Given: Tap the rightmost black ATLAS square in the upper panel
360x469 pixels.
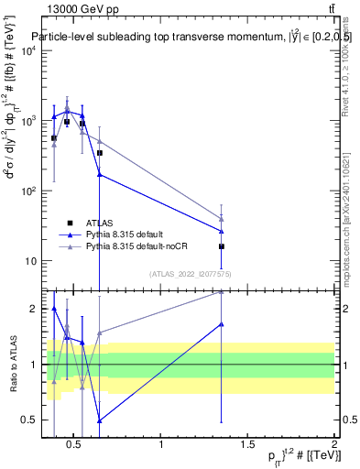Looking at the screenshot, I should (x=222, y=246).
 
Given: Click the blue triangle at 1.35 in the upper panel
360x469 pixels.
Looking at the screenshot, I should (x=222, y=231).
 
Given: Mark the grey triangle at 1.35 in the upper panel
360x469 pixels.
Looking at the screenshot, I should (x=222, y=219).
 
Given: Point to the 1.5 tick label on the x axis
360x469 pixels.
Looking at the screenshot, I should (x=248, y=445).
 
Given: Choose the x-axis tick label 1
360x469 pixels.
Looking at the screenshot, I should (x=162, y=445).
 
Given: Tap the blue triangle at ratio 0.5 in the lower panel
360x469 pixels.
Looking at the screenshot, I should (x=99, y=420).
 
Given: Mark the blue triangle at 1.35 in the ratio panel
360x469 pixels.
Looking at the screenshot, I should (x=222, y=323).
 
